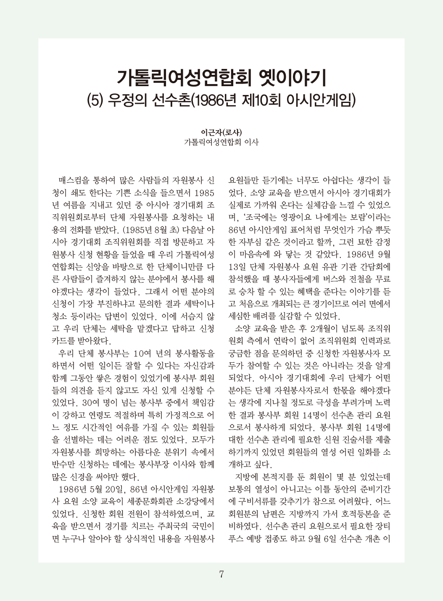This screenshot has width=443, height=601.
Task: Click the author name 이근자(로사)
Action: [221, 132]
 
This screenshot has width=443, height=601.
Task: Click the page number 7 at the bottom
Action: [221, 574]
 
